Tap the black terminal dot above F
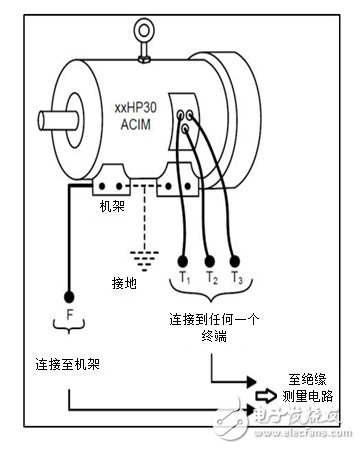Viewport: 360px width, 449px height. pyautogui.click(x=69, y=296)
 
